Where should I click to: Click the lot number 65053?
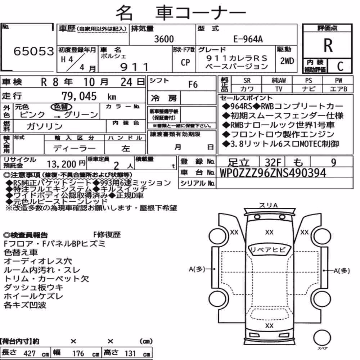(34, 51)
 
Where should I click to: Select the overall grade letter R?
(328, 45)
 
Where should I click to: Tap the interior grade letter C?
(340, 66)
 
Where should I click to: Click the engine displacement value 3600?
(164, 39)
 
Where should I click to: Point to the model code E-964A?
(248, 39)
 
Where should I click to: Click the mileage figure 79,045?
(79, 96)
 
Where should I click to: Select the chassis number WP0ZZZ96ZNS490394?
(273, 173)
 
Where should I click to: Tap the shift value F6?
(193, 85)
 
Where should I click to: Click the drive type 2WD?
(287, 61)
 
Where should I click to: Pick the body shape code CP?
(185, 62)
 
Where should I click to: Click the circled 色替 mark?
(61, 107)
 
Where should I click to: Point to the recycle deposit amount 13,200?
(62, 164)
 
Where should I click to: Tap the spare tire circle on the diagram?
(322, 338)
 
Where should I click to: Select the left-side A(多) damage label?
(197, 269)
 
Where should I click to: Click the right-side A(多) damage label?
(342, 271)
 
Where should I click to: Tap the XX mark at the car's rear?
(269, 325)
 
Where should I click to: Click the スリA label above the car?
(269, 205)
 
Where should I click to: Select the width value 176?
(78, 353)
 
